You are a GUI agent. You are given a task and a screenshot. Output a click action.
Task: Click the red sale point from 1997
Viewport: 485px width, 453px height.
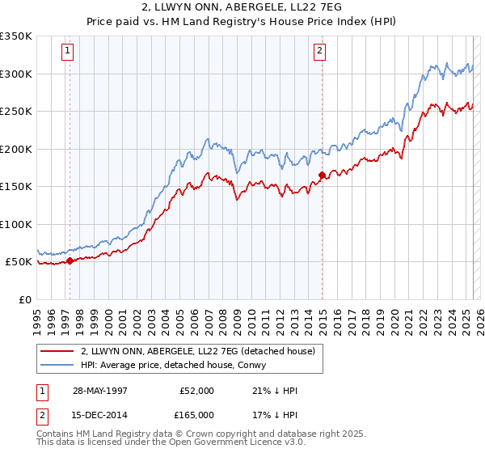click(70, 260)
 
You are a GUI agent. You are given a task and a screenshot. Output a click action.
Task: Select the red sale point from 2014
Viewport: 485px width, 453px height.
click(323, 175)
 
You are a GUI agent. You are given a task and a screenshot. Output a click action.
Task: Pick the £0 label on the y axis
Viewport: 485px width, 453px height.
click(24, 299)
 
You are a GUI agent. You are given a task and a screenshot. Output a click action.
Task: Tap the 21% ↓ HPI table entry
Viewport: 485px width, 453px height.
click(275, 391)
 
